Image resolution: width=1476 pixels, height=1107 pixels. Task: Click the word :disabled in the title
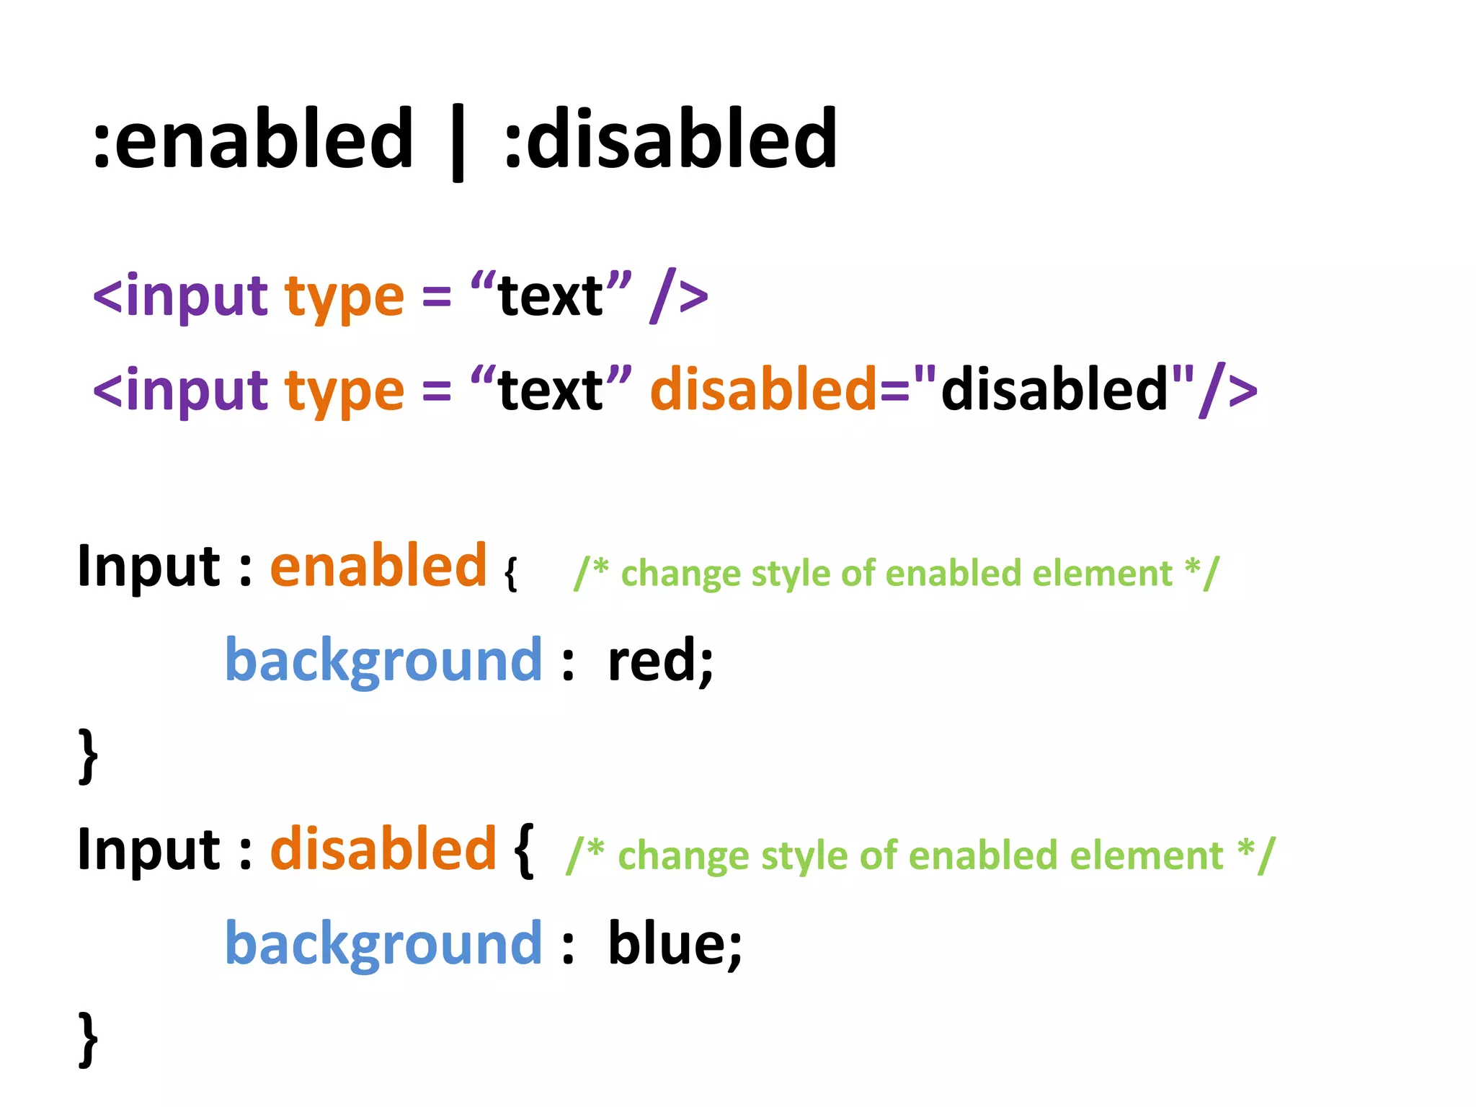(x=670, y=138)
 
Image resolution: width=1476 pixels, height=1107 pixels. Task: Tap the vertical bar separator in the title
(x=457, y=141)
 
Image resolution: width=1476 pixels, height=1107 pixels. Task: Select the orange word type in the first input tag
(x=344, y=297)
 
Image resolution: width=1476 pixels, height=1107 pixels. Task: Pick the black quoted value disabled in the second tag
(x=1054, y=389)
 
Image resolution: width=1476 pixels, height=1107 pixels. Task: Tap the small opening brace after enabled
(x=511, y=574)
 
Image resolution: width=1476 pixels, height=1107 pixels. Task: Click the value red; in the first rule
(x=660, y=660)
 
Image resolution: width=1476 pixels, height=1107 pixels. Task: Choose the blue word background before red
(x=383, y=660)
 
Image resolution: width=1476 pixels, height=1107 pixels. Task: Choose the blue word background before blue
(x=383, y=944)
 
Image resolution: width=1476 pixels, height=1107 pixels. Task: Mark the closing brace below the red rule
(x=88, y=755)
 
